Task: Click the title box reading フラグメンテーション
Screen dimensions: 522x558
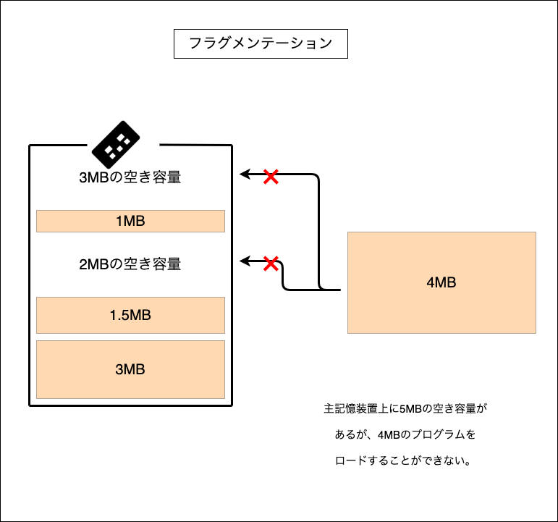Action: [x=261, y=43]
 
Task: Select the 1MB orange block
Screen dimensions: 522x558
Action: [x=130, y=222]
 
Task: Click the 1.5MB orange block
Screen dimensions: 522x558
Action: [x=130, y=315]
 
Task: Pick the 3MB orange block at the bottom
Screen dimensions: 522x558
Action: [x=130, y=369]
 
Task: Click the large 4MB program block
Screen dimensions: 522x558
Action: [x=441, y=282]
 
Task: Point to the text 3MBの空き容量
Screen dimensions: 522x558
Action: [x=130, y=177]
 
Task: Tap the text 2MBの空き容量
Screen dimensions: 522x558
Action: [x=130, y=264]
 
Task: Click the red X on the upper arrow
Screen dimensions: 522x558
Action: [x=271, y=177]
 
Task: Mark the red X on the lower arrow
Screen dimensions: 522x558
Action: [x=271, y=264]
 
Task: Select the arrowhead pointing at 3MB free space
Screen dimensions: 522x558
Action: [x=245, y=174]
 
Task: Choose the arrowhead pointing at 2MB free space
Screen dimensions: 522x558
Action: [x=245, y=261]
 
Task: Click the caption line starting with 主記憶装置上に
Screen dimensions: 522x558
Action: [x=405, y=408]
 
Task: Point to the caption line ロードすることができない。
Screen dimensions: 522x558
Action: [x=405, y=460]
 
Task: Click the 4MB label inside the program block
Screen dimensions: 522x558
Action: [x=441, y=283]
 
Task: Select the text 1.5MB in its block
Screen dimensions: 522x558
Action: [x=130, y=316]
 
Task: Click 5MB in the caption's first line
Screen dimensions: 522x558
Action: [x=410, y=408]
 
